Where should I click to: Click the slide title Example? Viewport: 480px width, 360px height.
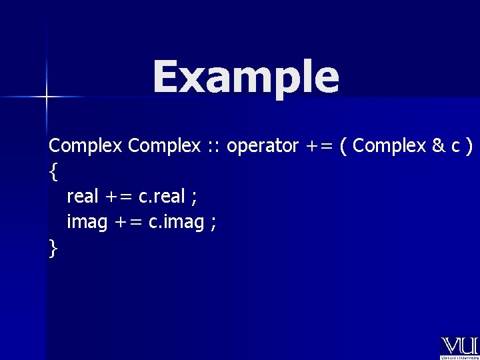245,77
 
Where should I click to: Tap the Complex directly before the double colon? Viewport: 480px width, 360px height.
164,145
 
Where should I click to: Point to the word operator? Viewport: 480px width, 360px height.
262,145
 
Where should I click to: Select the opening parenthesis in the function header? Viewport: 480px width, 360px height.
343,146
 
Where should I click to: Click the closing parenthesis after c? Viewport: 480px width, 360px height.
470,146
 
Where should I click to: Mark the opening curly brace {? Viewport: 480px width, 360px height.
53,172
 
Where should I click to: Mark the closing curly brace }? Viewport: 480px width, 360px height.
53,249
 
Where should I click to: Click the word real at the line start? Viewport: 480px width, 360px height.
83,197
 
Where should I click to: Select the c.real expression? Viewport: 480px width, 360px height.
162,197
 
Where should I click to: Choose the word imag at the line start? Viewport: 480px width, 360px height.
87,222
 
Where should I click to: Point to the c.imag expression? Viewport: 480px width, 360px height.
176,222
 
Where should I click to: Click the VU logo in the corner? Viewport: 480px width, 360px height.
459,347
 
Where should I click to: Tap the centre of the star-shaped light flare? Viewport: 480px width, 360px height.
46,97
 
